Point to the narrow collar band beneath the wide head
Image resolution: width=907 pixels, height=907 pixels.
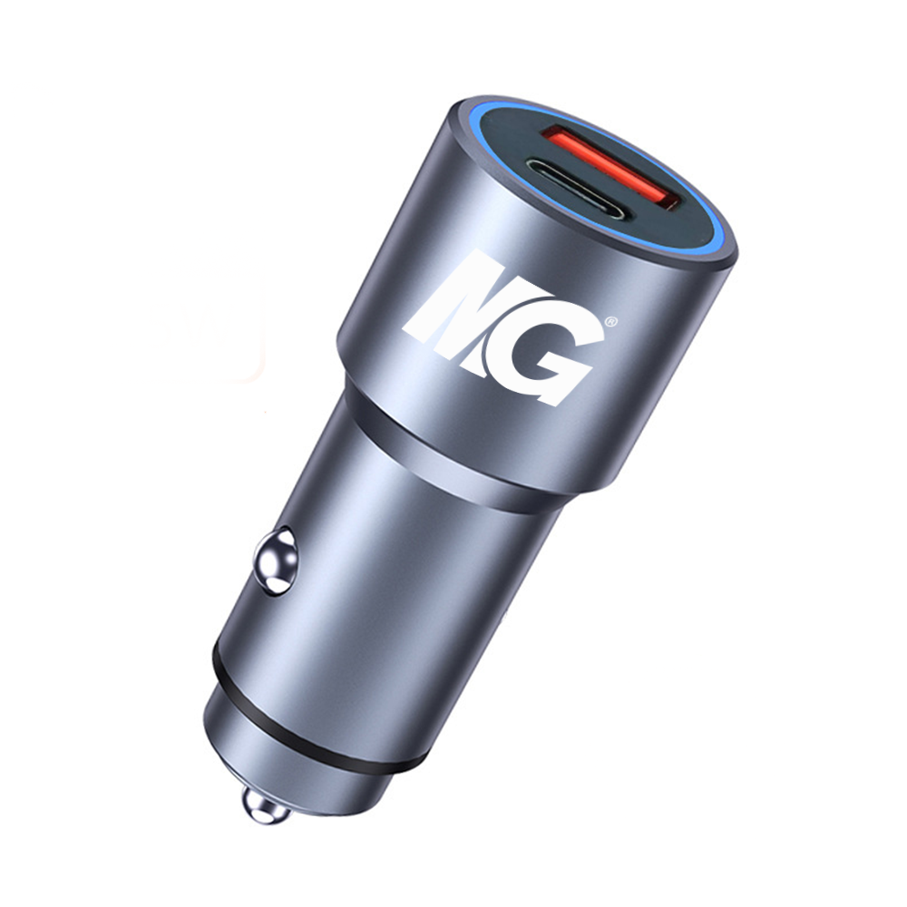pos(435,473)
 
